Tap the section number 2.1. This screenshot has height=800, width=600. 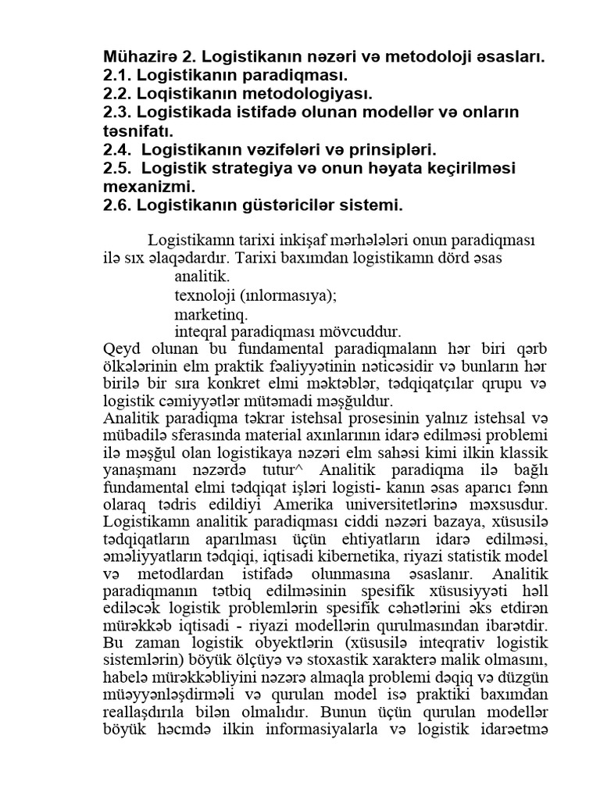click(x=117, y=76)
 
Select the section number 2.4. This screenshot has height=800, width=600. click(x=117, y=150)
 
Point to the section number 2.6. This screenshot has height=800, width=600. click(x=117, y=206)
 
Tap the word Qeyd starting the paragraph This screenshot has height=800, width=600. click(x=118, y=350)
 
